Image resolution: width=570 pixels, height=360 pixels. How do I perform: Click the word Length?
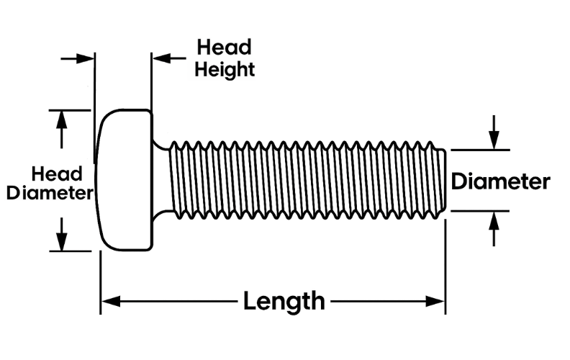pyautogui.click(x=284, y=300)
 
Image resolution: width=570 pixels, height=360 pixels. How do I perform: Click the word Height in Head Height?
pyautogui.click(x=225, y=70)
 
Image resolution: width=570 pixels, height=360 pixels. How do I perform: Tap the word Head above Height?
pyautogui.click(x=225, y=48)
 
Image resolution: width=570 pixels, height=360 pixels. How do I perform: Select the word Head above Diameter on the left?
pyautogui.click(x=57, y=174)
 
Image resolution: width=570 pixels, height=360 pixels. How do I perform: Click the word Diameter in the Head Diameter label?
pyautogui.click(x=50, y=193)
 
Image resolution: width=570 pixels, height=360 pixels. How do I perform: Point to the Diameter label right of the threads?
pyautogui.click(x=500, y=181)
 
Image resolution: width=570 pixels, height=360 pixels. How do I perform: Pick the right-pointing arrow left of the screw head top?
pyautogui.click(x=86, y=58)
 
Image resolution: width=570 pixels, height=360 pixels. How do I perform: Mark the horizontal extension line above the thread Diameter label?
pyautogui.click(x=479, y=150)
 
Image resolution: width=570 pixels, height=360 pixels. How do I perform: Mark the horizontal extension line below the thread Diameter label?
pyautogui.click(x=479, y=211)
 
